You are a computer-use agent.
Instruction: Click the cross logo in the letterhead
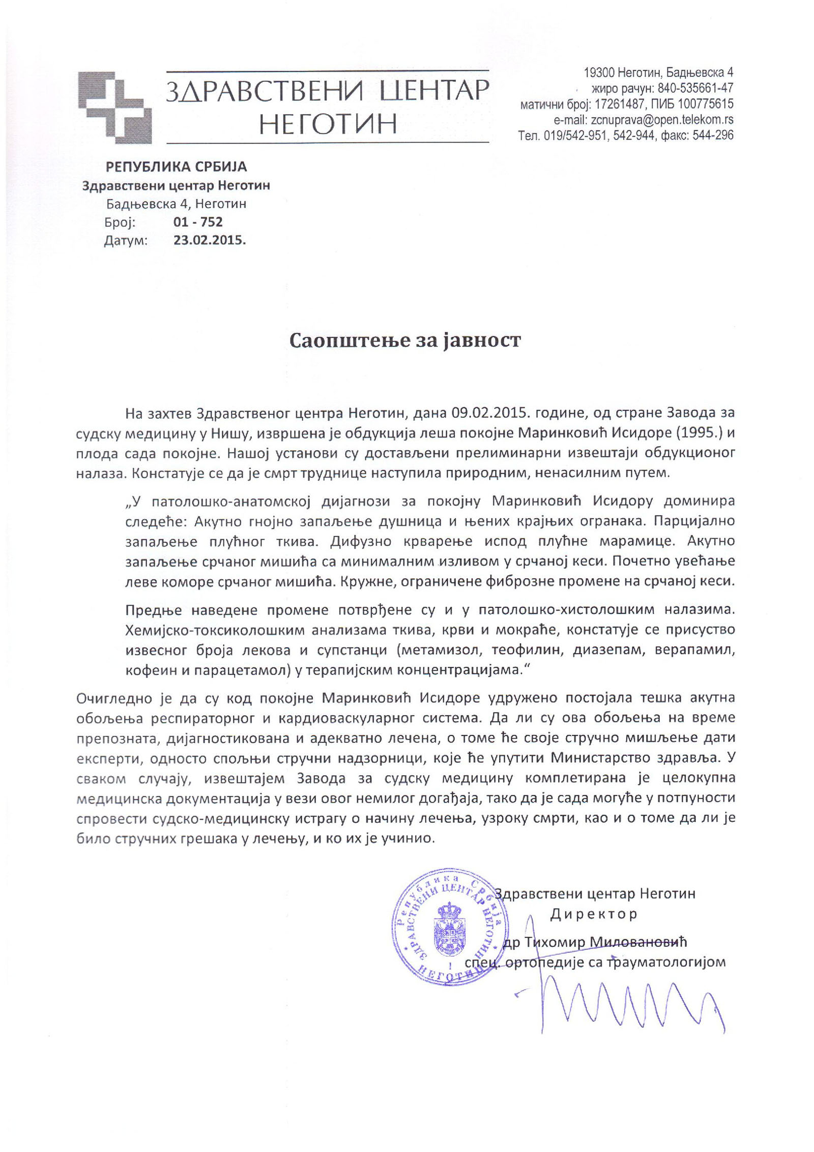click(115, 107)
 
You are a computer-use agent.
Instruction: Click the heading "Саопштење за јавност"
click(405, 340)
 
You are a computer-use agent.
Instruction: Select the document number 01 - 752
click(198, 222)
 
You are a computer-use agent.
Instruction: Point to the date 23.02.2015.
click(210, 241)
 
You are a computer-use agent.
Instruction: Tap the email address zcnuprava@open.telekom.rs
click(660, 120)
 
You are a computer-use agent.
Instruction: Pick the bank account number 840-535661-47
click(695, 88)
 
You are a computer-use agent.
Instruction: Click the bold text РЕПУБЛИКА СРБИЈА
click(176, 166)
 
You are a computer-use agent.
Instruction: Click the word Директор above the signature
click(594, 914)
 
